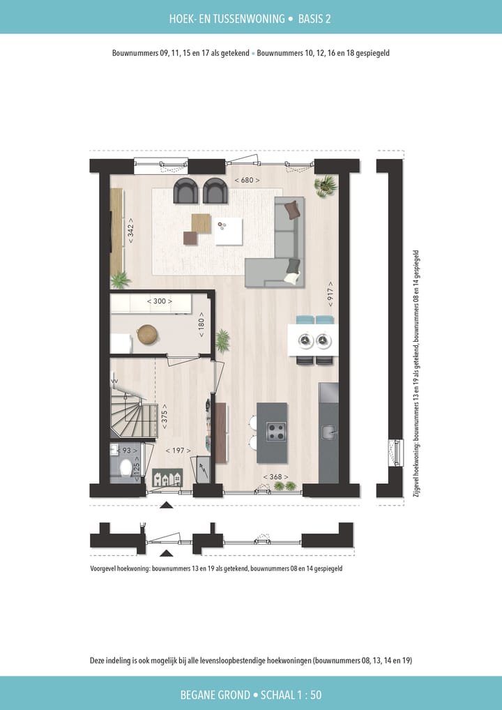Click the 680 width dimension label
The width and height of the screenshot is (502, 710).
click(x=247, y=180)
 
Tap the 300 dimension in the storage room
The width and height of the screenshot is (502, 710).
click(x=160, y=301)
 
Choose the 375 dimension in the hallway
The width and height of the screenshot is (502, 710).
click(x=165, y=416)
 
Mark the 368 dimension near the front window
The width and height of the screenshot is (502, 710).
click(x=275, y=476)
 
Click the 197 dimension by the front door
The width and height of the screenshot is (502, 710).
click(x=178, y=451)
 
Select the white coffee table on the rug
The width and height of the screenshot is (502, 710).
click(x=228, y=231)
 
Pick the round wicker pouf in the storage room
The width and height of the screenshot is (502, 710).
click(x=147, y=335)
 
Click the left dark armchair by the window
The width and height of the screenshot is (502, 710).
click(x=186, y=190)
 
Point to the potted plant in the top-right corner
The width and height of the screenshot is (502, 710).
click(x=325, y=185)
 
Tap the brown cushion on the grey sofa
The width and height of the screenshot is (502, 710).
click(x=293, y=209)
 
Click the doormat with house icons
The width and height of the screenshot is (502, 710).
click(x=167, y=478)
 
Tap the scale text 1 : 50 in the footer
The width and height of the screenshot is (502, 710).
click(x=302, y=695)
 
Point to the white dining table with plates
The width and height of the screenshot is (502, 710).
click(x=312, y=340)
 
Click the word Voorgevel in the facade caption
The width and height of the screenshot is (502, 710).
click(x=106, y=568)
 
